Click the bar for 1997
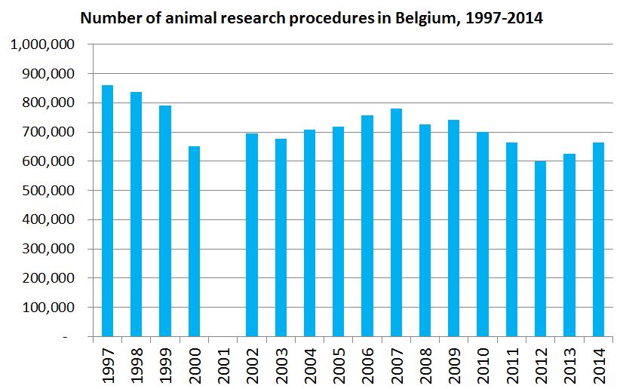(107, 211)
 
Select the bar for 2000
(194, 241)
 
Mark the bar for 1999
(165, 221)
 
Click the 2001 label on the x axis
(223, 362)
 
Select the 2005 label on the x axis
(339, 362)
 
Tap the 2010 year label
(483, 362)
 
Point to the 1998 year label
(137, 362)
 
